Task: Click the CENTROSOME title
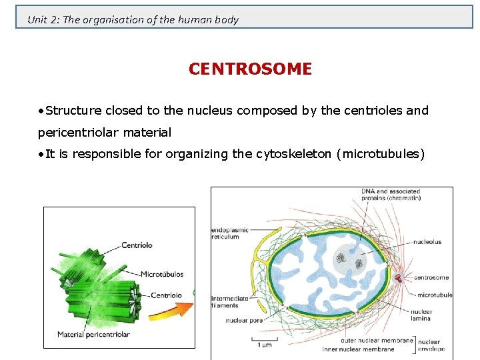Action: click(x=250, y=69)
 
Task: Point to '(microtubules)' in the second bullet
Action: click(x=381, y=154)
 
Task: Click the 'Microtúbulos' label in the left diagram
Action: click(x=162, y=274)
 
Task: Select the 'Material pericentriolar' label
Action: click(x=93, y=334)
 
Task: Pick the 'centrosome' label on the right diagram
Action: click(x=431, y=277)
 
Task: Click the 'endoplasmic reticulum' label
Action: click(x=230, y=233)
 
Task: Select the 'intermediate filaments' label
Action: click(x=230, y=302)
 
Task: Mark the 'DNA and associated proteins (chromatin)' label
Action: click(x=391, y=194)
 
